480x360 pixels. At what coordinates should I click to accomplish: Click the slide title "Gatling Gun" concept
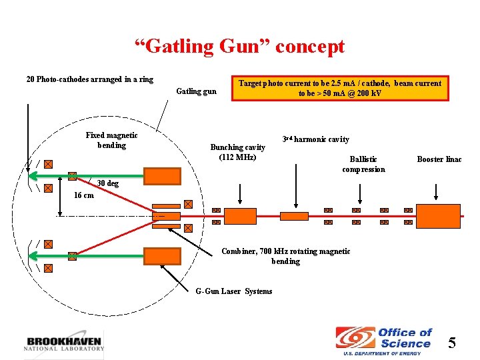pyautogui.click(x=239, y=47)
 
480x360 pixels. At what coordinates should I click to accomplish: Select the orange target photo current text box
pyautogui.click(x=340, y=88)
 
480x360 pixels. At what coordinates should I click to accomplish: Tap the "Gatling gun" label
pyautogui.click(x=196, y=91)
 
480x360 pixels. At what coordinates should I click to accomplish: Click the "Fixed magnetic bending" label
pyautogui.click(x=111, y=140)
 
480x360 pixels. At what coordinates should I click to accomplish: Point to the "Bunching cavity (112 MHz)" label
pyautogui.click(x=237, y=152)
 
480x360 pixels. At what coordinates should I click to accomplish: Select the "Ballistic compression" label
pyautogui.click(x=363, y=164)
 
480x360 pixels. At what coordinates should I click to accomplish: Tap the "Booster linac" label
pyautogui.click(x=439, y=159)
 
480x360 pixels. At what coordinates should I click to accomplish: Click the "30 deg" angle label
pyautogui.click(x=107, y=183)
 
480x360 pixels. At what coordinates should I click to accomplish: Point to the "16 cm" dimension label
pyautogui.click(x=83, y=195)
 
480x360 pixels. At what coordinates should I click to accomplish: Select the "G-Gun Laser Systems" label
pyautogui.click(x=233, y=291)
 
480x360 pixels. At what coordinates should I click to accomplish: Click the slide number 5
pyautogui.click(x=452, y=343)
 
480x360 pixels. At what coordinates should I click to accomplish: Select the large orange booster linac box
pyautogui.click(x=437, y=216)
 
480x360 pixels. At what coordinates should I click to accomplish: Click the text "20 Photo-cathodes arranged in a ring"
pyautogui.click(x=89, y=79)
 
